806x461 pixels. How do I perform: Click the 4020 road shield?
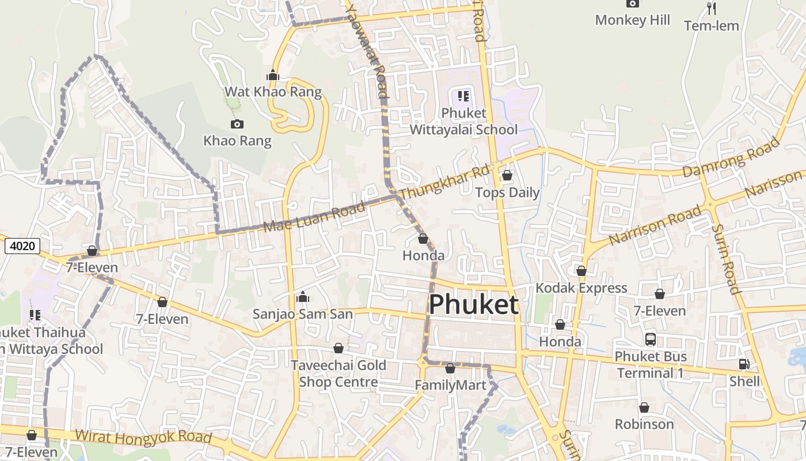click(x=22, y=246)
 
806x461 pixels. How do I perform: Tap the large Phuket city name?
click(x=474, y=304)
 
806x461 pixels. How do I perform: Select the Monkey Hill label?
click(x=633, y=20)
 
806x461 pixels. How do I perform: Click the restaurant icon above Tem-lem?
click(x=712, y=8)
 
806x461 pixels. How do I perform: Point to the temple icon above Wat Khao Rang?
click(x=273, y=75)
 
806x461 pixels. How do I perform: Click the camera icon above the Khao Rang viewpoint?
click(x=237, y=124)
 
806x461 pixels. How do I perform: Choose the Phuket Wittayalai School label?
click(x=463, y=121)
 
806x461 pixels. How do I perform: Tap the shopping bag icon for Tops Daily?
click(x=507, y=175)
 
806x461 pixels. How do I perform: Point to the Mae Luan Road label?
click(x=314, y=217)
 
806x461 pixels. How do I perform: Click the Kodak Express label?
click(x=581, y=288)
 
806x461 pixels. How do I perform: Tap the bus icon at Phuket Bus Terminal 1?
click(x=651, y=339)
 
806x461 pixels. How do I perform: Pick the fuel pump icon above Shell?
click(x=744, y=364)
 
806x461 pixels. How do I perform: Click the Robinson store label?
click(x=644, y=424)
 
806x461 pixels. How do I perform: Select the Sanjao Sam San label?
click(x=302, y=314)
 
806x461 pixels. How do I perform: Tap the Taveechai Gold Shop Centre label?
click(x=338, y=373)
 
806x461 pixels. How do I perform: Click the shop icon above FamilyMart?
click(x=450, y=368)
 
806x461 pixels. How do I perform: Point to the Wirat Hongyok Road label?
click(x=143, y=437)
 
